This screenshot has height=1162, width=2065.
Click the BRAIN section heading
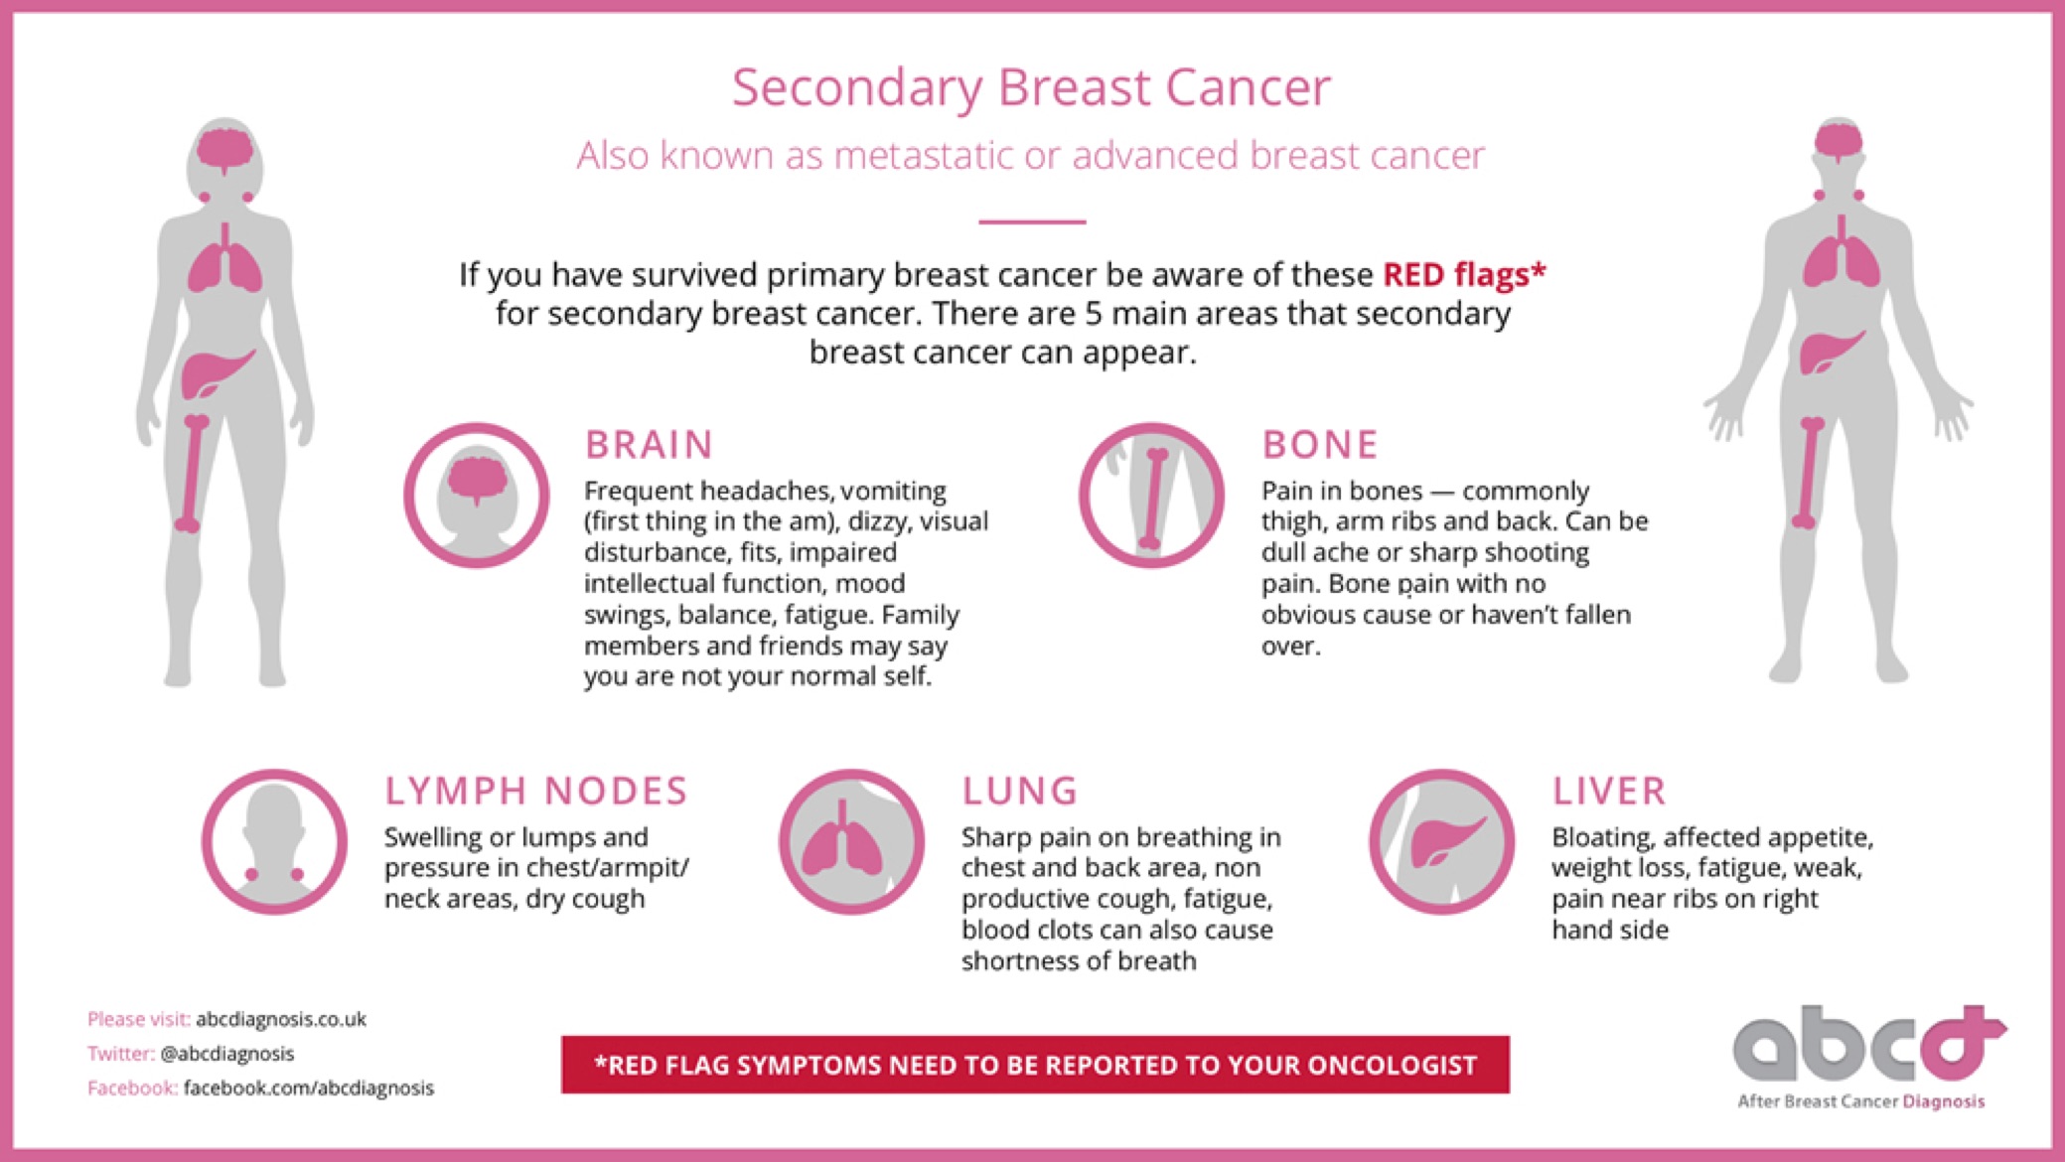coord(649,445)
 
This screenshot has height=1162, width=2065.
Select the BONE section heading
coord(1320,445)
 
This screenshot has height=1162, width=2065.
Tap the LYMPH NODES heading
coord(536,792)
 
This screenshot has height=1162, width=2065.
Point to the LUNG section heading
coord(1019,792)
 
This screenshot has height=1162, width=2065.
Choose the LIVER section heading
coord(1609,792)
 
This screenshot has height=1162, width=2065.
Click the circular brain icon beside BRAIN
coord(477,496)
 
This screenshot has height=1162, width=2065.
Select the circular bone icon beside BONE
coord(1152,496)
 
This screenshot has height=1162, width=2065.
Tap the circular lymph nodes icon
coord(275,841)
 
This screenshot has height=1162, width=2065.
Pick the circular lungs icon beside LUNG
coord(851,841)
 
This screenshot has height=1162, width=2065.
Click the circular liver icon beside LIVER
coord(1442,841)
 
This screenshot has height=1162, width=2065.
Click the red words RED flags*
coord(1464,274)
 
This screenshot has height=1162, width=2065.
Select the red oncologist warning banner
coord(1035,1065)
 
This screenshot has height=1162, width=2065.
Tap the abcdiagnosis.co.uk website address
coord(281,1019)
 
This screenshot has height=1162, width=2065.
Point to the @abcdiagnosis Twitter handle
coord(226,1053)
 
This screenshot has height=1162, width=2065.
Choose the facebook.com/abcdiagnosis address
coord(309,1088)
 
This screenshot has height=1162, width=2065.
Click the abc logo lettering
coord(1867,1044)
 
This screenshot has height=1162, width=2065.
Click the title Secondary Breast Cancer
coord(1031,87)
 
